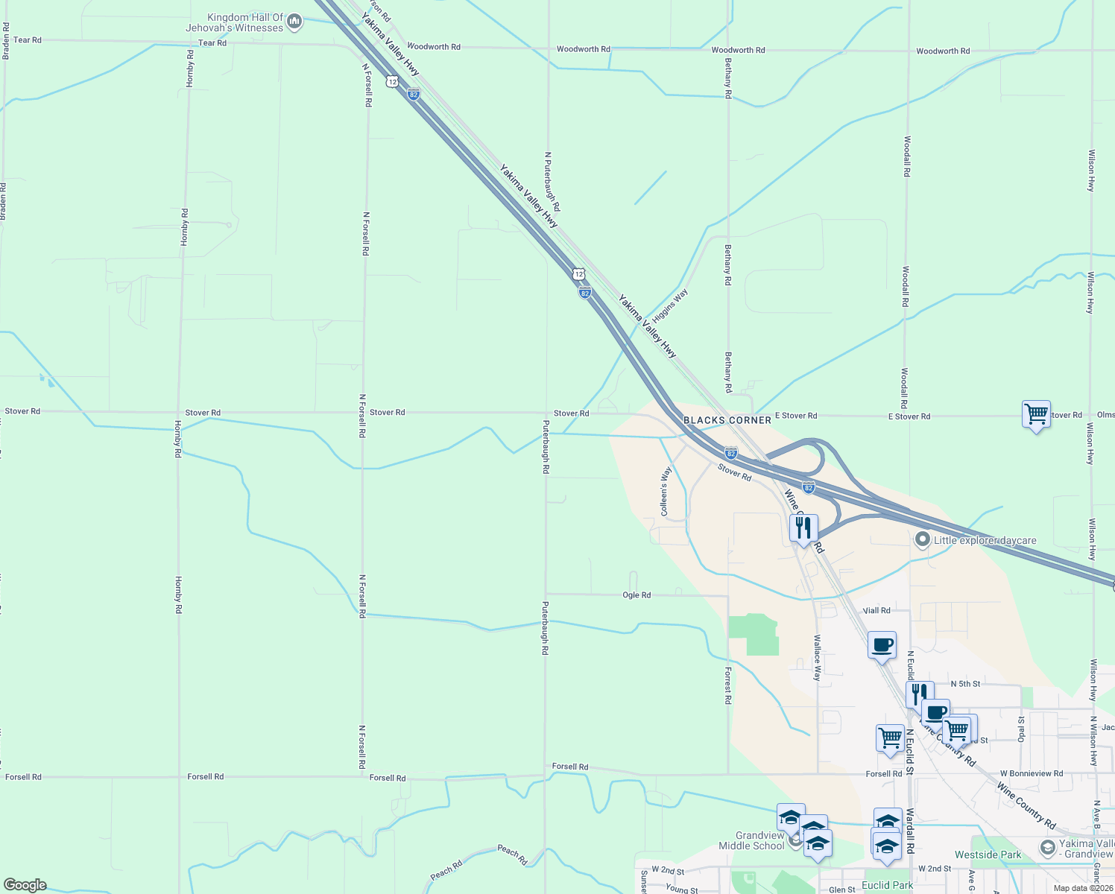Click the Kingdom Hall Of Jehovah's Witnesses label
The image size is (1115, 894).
[235, 23]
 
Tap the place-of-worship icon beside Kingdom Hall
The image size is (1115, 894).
[294, 22]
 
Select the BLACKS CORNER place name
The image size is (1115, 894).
[727, 420]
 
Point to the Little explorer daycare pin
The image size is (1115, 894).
[923, 539]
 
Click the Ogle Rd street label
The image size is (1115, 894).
[637, 595]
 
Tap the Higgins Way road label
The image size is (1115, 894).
[670, 304]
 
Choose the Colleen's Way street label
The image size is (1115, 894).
[666, 491]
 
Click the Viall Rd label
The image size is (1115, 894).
[876, 610]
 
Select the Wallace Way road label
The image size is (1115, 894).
[817, 657]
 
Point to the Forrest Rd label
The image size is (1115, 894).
[728, 685]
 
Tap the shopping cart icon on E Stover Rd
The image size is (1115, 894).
[1036, 414]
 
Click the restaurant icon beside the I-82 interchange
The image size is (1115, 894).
[803, 527]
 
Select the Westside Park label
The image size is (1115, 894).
[988, 855]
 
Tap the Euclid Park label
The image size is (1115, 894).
[887, 885]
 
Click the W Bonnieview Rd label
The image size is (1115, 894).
[1032, 773]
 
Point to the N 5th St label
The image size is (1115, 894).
[965, 684]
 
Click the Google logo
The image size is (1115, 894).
[25, 885]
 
